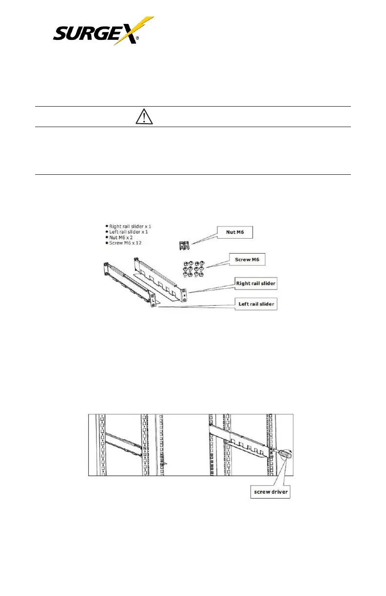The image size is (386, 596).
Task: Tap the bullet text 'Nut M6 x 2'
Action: point(122,239)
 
